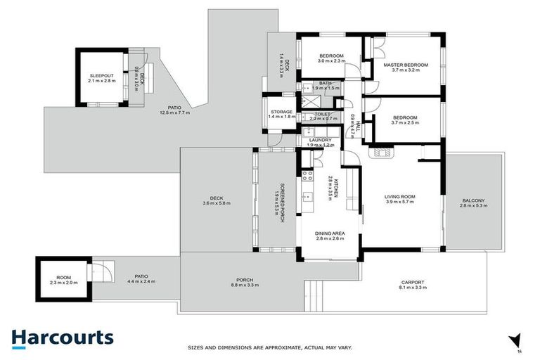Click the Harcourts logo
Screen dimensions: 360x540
[x=62, y=338]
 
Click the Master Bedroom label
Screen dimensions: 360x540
[x=405, y=65]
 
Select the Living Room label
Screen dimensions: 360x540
[x=399, y=197]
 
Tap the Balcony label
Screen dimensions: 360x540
[x=472, y=200]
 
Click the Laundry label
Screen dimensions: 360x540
[x=320, y=141]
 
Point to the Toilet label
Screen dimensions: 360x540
[x=323, y=114]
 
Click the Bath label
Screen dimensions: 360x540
[x=324, y=83]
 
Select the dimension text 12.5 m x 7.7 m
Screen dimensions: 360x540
[x=175, y=113]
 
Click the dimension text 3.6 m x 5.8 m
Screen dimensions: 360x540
[x=216, y=203]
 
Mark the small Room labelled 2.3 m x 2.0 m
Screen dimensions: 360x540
[x=63, y=279]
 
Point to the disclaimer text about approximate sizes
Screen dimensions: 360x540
[x=269, y=347]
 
